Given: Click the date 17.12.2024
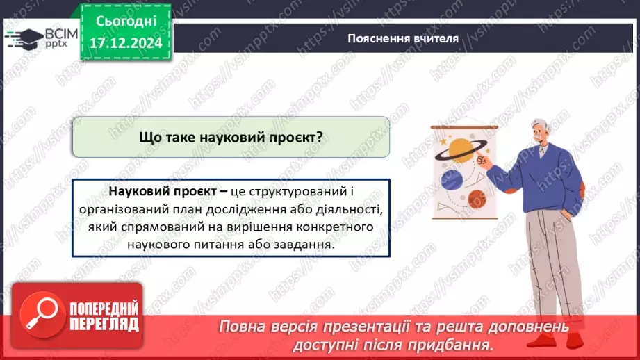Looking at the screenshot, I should point(125,42).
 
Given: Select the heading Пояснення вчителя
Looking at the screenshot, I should point(403,38).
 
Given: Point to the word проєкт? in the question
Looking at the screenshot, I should point(296,137).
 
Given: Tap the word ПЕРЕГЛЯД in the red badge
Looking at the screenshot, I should point(104,325).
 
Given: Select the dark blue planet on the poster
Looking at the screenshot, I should point(452,179).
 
